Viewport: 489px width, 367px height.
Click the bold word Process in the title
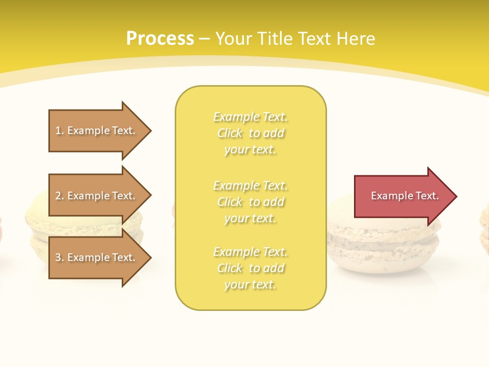[160, 39]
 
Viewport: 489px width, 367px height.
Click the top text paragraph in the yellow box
[250, 133]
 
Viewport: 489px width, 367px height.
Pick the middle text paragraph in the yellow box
[250, 202]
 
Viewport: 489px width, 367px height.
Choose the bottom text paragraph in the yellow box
[250, 268]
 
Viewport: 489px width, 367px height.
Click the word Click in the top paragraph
[230, 133]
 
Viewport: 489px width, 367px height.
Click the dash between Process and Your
[205, 39]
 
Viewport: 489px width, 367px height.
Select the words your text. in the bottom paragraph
[250, 284]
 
